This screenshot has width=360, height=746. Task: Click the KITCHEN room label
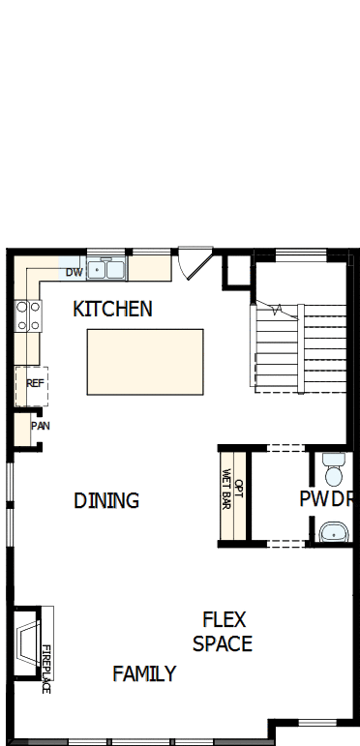pos(112,310)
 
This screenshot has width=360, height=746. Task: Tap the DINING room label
pos(106,500)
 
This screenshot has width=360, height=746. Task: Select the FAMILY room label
pos(144,673)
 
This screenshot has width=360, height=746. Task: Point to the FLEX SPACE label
pos(223,631)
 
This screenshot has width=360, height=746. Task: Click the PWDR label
pos(325,500)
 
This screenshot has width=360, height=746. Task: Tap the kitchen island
pos(145,361)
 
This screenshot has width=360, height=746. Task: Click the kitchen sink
pos(105,269)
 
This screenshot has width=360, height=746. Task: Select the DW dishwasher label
pos(74,272)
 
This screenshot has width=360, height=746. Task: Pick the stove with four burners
pos(28,316)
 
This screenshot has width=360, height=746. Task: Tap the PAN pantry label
pos(40,425)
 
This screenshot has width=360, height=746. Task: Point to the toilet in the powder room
pos(334,467)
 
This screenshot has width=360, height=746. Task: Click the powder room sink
pos(334,531)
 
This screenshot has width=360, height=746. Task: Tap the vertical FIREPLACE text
pos(45,669)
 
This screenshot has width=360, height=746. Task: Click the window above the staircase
pos(299,254)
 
